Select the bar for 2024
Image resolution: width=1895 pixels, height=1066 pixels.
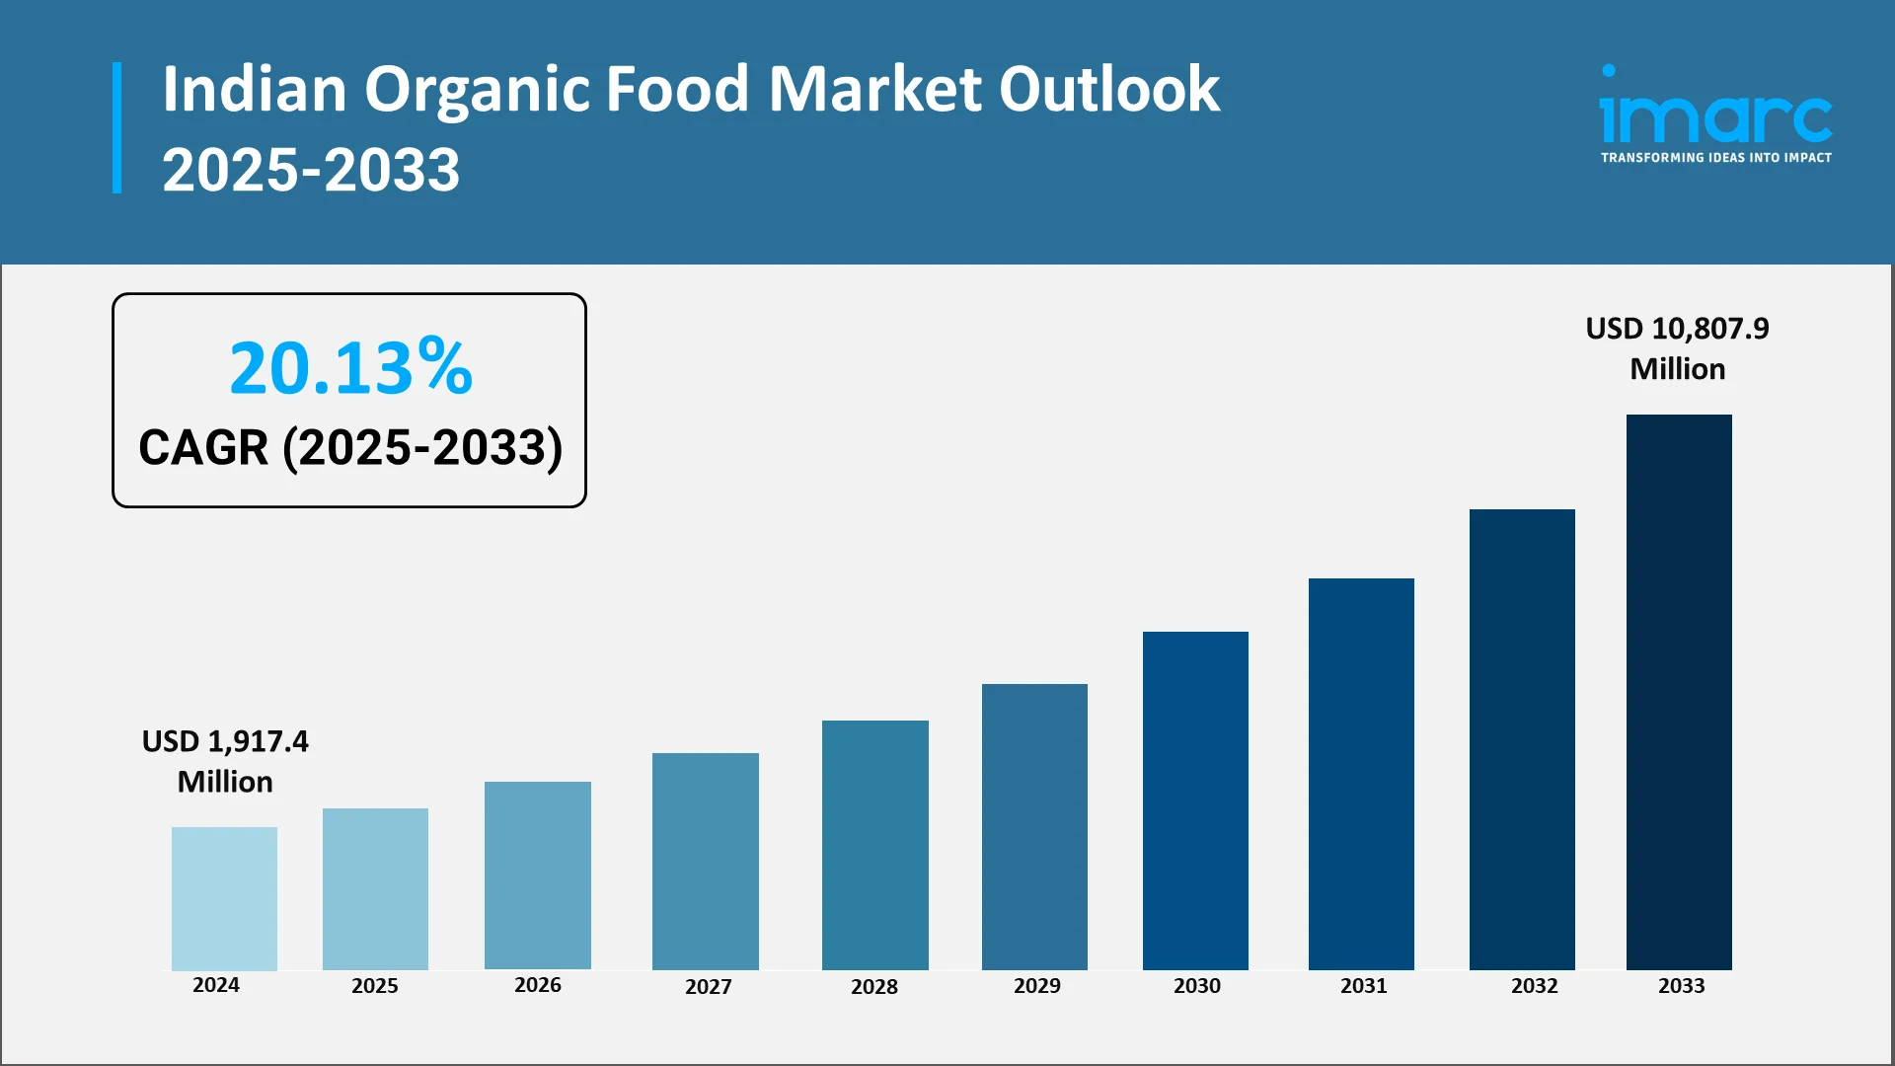point(224,898)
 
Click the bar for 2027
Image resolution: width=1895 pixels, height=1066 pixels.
point(705,861)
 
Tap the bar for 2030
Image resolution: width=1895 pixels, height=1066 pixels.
point(1195,800)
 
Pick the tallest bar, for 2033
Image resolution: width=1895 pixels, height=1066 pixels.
point(1679,692)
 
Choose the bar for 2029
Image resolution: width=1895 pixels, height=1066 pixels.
point(1034,826)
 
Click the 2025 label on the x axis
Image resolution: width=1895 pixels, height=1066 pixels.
point(375,986)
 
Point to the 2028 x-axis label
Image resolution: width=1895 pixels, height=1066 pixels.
point(874,987)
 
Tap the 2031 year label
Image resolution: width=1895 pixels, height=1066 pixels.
point(1363,986)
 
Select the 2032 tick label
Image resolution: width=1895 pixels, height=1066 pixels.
point(1534,986)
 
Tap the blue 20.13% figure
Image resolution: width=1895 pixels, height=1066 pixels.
point(350,368)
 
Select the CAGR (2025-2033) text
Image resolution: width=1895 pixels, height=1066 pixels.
point(350,448)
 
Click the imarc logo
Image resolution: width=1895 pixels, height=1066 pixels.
point(1715,114)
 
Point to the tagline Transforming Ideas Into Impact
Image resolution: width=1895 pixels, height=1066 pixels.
point(1715,158)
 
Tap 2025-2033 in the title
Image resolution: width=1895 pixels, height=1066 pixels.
point(311,170)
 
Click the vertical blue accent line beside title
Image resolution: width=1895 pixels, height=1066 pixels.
point(117,128)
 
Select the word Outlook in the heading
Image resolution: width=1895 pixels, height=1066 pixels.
point(1109,90)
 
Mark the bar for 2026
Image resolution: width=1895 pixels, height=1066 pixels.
point(537,876)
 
